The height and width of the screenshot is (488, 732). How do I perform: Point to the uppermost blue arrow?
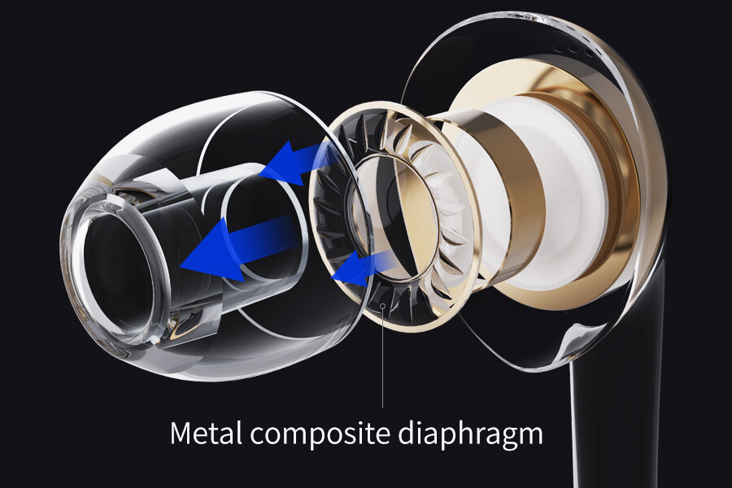pos(293,163)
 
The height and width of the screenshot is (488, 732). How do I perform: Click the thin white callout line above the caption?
pos(383,358)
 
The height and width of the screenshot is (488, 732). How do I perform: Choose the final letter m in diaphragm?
pos(529,434)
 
